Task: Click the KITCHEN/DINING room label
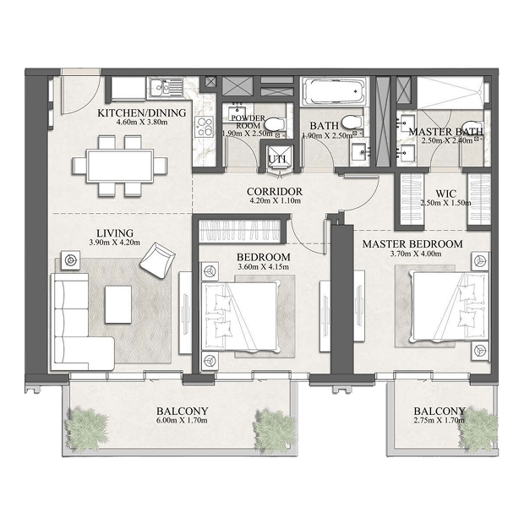142,113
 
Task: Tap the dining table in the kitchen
120,166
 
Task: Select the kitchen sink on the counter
166,87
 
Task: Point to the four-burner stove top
205,127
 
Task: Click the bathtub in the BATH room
333,91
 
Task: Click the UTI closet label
277,160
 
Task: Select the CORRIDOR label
275,192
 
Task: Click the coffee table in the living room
118,304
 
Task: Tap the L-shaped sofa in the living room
79,321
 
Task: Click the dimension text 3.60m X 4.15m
264,267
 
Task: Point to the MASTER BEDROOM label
412,244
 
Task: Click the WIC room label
445,194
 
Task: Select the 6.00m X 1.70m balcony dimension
182,420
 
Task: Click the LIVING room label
115,233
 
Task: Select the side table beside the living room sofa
70,259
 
